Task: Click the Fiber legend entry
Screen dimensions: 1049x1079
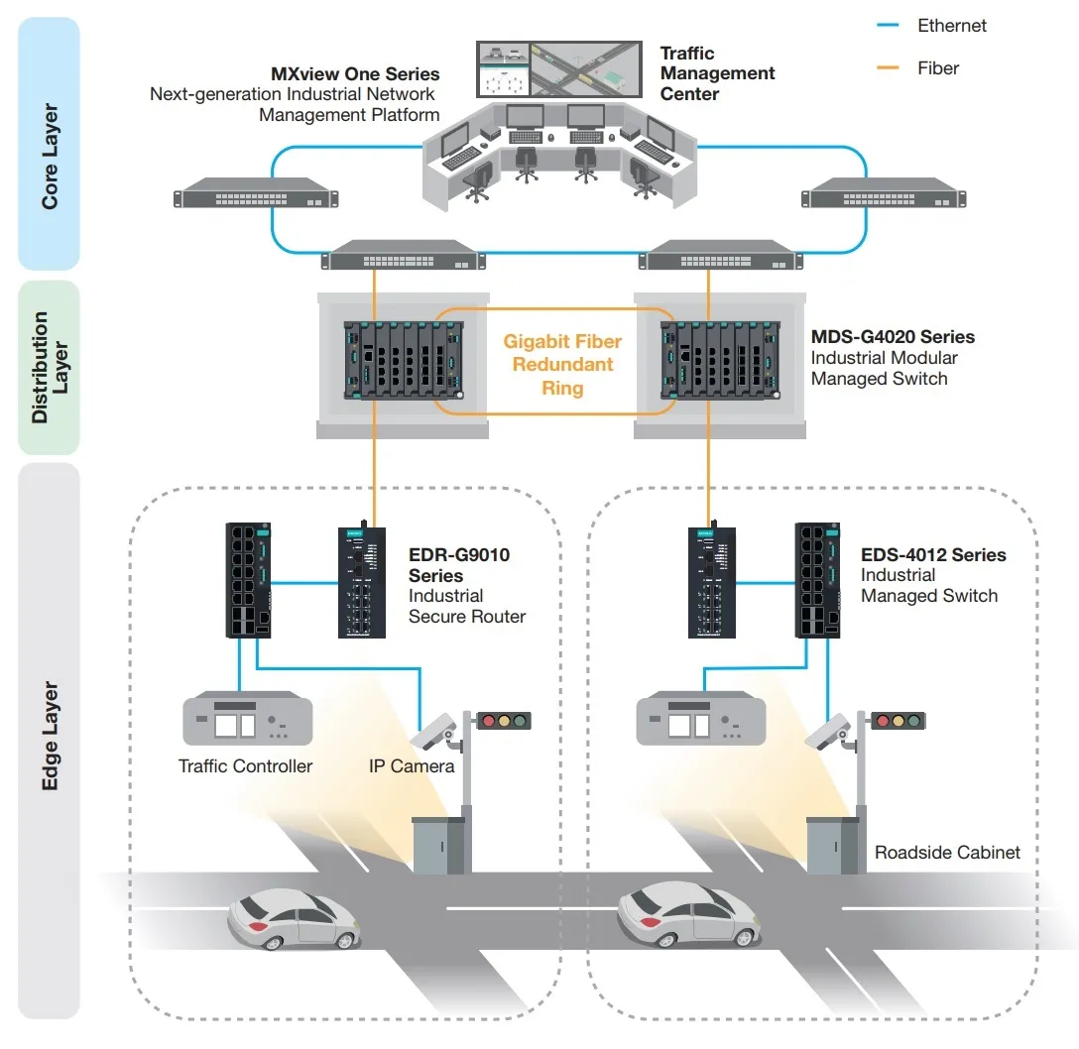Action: (x=937, y=68)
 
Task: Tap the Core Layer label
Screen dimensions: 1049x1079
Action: (x=50, y=157)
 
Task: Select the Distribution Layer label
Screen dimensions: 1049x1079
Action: (x=50, y=368)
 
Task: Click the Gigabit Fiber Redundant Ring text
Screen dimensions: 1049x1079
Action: (x=562, y=364)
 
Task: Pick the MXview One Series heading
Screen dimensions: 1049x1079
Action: (x=355, y=74)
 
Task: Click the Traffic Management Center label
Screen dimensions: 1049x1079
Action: (x=717, y=73)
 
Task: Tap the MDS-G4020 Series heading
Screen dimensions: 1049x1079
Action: (x=893, y=337)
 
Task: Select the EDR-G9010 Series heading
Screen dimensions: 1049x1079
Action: (x=459, y=564)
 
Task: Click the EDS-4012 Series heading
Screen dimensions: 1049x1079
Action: (x=933, y=555)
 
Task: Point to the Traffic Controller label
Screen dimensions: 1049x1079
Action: (x=245, y=766)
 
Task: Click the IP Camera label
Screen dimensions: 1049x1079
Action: (x=411, y=766)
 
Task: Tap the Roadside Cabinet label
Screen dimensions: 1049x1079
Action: (x=947, y=852)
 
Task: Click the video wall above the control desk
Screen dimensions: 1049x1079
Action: (x=558, y=68)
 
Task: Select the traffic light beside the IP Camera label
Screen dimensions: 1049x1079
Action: (x=504, y=721)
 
